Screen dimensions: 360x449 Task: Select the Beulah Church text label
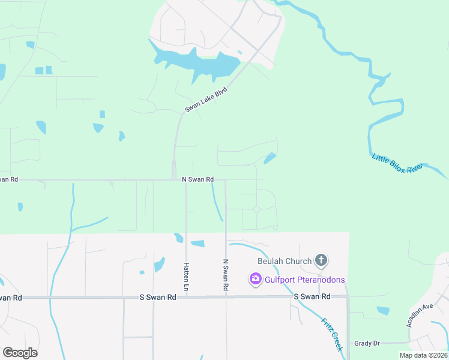[x=285, y=261]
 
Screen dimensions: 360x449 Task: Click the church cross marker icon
[x=321, y=260]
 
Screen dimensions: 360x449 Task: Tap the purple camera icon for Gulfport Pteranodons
[x=255, y=279]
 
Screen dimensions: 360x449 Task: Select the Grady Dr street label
[x=367, y=343]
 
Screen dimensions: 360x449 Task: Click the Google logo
[x=20, y=352]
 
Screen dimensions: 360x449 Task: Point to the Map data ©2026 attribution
[x=423, y=355]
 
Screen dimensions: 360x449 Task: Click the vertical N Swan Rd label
[x=226, y=275]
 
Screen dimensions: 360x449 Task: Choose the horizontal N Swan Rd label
[x=198, y=179]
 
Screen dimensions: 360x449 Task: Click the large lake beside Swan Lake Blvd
[x=198, y=63]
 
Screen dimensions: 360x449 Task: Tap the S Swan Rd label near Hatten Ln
[x=157, y=297]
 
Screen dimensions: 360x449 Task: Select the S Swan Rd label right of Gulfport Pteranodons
[x=312, y=296]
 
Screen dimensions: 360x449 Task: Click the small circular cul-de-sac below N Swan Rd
[x=256, y=209]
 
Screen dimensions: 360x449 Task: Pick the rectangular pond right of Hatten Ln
[x=197, y=244]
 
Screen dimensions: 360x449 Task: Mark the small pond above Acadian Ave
[x=382, y=310]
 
